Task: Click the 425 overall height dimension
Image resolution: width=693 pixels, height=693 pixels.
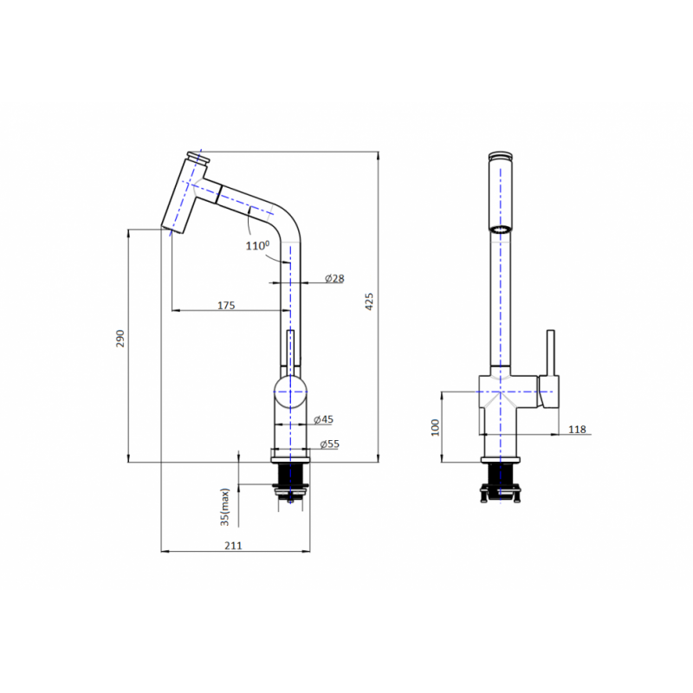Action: pyautogui.click(x=369, y=301)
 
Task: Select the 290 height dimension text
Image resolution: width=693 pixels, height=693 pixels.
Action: pyautogui.click(x=120, y=338)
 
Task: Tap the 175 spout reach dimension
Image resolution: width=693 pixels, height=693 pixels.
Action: pyautogui.click(x=226, y=306)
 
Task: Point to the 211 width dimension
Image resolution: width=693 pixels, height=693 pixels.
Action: pyautogui.click(x=233, y=546)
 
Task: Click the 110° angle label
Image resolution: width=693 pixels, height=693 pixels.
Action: pyautogui.click(x=257, y=245)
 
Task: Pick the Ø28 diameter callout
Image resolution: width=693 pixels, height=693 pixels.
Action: pyautogui.click(x=334, y=278)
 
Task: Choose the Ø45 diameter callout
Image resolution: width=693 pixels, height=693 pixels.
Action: pyautogui.click(x=323, y=419)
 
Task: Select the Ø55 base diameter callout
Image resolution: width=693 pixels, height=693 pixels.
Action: pyautogui.click(x=330, y=444)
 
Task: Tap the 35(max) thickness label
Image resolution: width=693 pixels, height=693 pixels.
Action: pyautogui.click(x=225, y=507)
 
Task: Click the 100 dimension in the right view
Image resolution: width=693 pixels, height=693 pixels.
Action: pyautogui.click(x=436, y=427)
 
